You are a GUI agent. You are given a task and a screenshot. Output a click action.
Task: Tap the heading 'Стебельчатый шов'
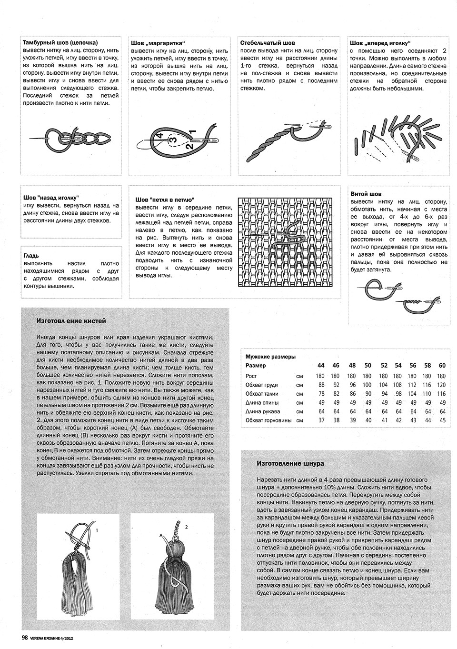coord(268,42)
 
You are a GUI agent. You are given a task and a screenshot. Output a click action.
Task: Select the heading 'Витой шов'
coord(366,194)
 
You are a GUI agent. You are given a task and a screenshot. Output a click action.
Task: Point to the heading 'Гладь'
coord(31,256)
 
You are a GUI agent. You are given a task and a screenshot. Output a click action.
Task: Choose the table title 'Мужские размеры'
coord(270,357)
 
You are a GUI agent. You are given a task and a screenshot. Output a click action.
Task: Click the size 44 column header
coord(321,366)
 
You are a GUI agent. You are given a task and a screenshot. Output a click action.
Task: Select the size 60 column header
coord(442,366)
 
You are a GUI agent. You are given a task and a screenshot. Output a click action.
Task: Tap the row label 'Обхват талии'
coord(261,394)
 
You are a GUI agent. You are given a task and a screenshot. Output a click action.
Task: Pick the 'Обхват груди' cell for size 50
coord(367,385)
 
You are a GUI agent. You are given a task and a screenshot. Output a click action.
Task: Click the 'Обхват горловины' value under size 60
coord(443,420)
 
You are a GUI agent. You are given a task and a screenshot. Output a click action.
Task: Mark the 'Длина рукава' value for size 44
coord(321,411)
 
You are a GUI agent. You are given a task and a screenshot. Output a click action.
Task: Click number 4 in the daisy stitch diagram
coord(160,136)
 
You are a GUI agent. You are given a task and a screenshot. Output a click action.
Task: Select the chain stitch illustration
coord(71,138)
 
